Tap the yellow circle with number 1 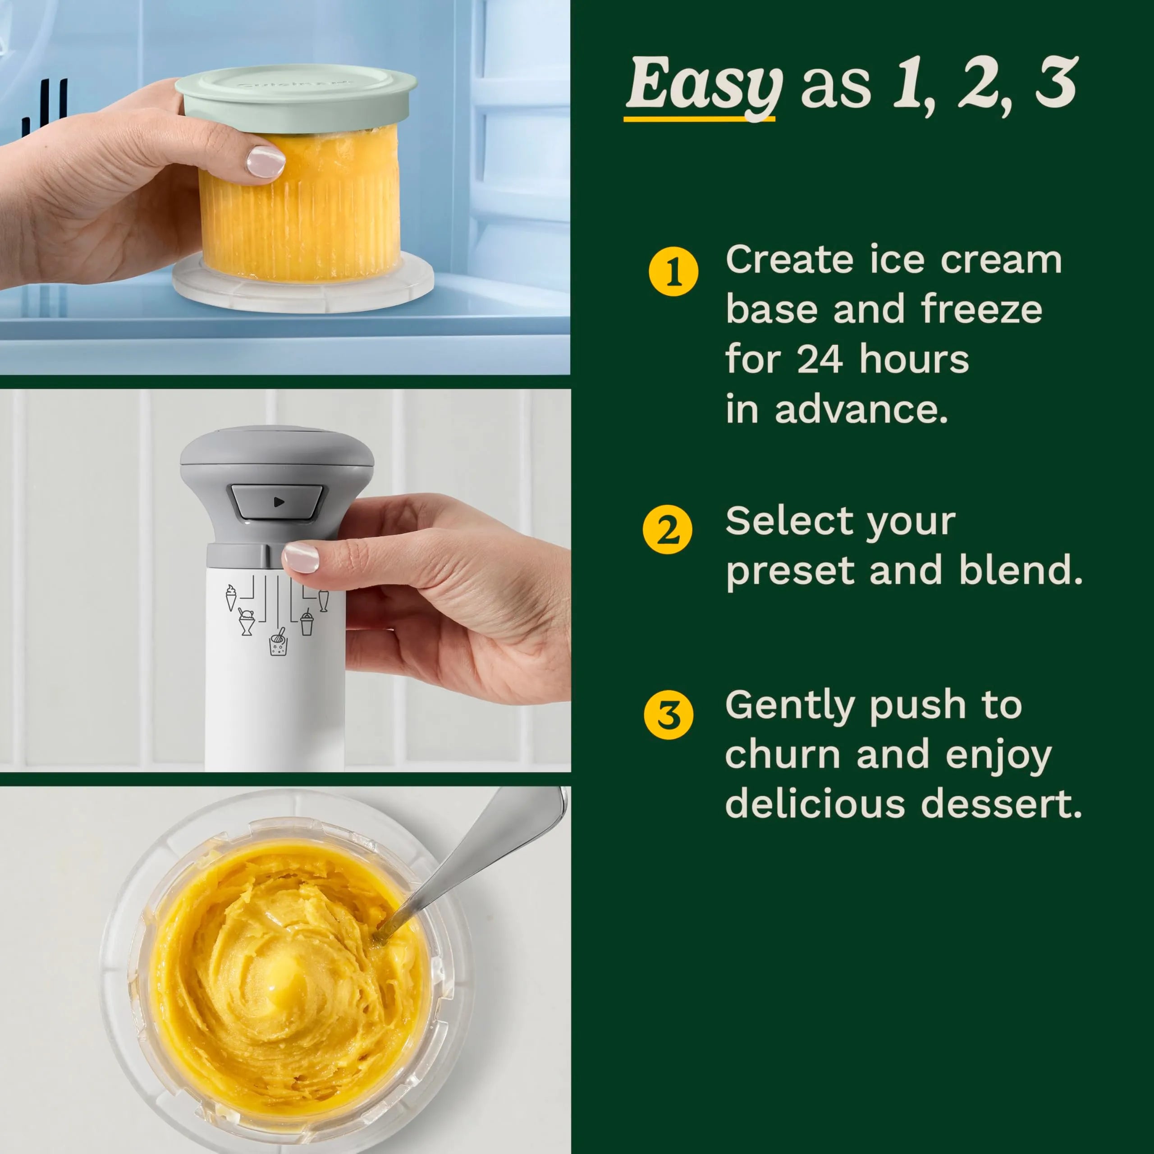click(673, 272)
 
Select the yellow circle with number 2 click(667, 529)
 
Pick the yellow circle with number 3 click(669, 714)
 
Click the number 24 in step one click(819, 360)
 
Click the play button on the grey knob click(278, 502)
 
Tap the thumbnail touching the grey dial click(301, 557)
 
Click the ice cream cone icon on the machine click(230, 597)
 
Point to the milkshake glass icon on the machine click(323, 600)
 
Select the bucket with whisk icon click(278, 643)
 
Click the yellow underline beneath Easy click(699, 119)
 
